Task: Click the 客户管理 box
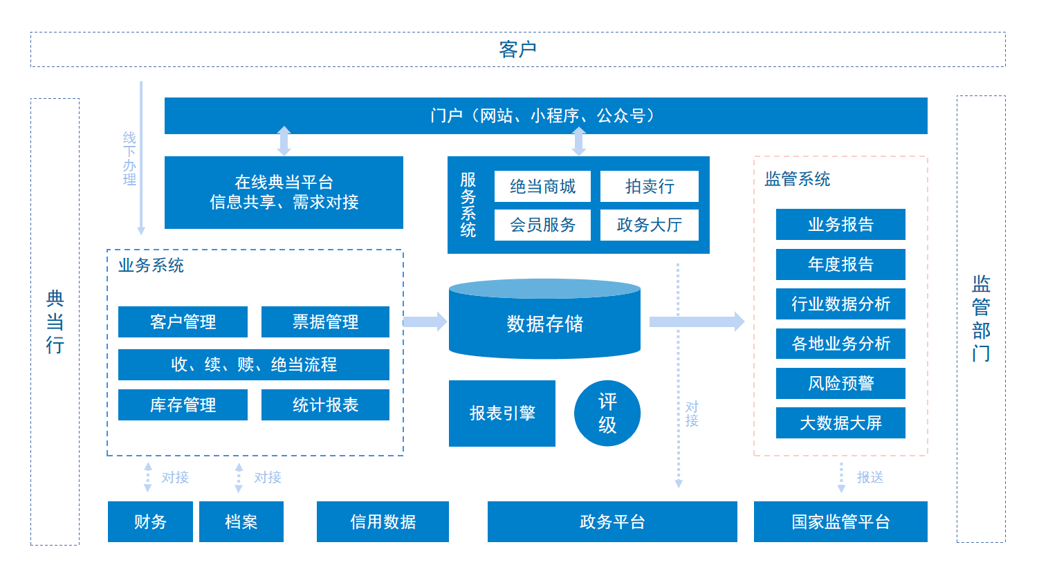[183, 322]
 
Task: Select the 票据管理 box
[325, 322]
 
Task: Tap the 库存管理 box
[183, 405]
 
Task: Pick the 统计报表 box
[325, 405]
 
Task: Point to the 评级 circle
[607, 414]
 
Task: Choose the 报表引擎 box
[502, 414]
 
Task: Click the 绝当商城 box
[542, 187]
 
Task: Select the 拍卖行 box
[649, 187]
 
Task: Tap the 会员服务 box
[542, 225]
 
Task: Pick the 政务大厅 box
[649, 225]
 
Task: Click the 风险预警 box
[840, 383]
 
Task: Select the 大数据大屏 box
[840, 423]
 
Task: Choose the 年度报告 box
[840, 264]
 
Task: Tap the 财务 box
[150, 521]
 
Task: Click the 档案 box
[241, 521]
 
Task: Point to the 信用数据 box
[383, 521]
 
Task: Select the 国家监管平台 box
[840, 521]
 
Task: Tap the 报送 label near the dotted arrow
[870, 478]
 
